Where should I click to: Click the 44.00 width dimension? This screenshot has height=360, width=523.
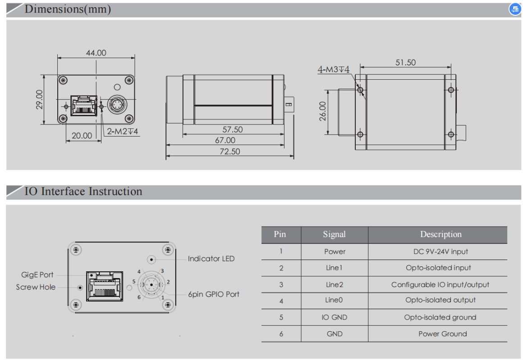(96, 53)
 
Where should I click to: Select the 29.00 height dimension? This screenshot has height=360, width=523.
(40, 100)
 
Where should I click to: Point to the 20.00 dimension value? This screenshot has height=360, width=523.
(82, 135)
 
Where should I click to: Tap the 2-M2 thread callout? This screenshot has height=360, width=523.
(122, 132)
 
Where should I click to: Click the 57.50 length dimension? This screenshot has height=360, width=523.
(232, 129)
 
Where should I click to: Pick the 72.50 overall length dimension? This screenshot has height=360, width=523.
(229, 151)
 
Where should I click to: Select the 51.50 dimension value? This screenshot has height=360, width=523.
(405, 63)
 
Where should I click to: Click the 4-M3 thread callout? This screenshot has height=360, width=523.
(333, 69)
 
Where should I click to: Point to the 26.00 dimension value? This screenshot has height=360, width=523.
(322, 111)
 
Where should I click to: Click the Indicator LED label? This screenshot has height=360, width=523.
(211, 259)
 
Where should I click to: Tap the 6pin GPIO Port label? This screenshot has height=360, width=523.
(214, 294)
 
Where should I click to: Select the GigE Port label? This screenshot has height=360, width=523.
(37, 274)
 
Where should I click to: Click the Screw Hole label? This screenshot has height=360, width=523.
(36, 287)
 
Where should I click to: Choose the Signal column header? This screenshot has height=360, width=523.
(334, 234)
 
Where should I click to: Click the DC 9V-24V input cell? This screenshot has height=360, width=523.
(440, 251)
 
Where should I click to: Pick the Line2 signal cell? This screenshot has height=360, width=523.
(335, 285)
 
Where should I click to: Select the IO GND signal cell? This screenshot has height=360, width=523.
(335, 317)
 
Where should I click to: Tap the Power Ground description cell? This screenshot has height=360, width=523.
(442, 334)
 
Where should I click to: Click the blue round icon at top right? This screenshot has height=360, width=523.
(515, 9)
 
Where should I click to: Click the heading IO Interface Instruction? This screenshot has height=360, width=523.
(83, 191)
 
